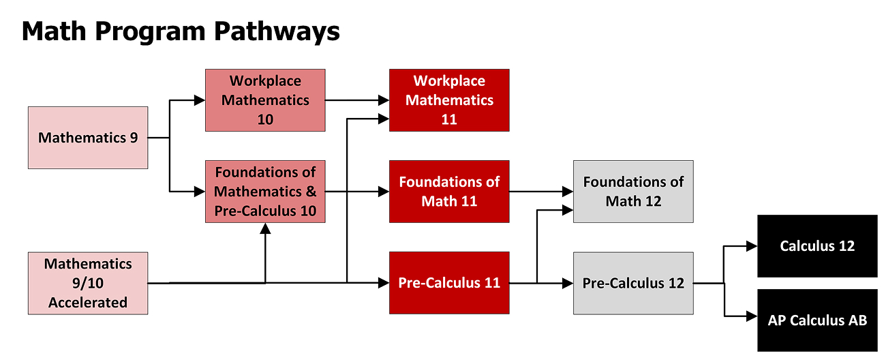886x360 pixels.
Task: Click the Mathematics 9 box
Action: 88,138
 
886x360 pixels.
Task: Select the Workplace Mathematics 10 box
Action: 265,100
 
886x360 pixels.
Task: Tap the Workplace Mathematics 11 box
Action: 449,100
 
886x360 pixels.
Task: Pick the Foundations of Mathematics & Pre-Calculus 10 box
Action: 265,192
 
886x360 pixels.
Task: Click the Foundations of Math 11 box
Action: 449,192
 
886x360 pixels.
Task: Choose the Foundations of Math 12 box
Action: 633,192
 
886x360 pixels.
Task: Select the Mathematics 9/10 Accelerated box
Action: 88,283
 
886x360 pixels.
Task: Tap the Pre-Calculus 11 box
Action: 449,283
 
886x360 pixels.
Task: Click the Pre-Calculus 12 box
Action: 633,283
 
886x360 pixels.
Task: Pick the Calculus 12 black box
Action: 817,246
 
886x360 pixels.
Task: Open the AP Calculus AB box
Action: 817,320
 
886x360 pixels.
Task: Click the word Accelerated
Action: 88,302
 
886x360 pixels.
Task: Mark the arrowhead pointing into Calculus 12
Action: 752,246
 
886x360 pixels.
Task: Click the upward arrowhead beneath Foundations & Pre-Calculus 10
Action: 265,229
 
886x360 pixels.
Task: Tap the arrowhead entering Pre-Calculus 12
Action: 568,282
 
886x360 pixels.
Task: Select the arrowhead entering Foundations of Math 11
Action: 384,192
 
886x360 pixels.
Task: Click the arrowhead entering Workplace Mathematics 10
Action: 200,100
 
